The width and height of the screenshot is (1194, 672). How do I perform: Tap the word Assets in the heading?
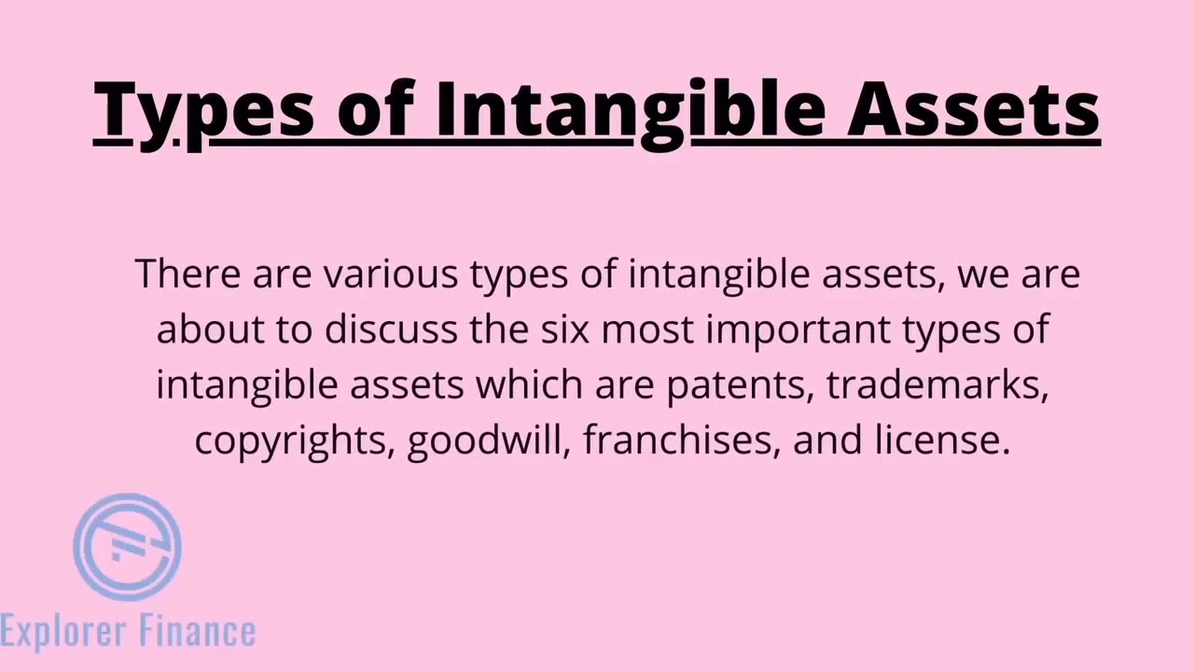tap(973, 110)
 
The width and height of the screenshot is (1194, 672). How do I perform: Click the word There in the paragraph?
tap(187, 274)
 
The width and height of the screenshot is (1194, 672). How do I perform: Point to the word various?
tap(391, 274)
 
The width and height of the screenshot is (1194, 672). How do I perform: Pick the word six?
tap(564, 329)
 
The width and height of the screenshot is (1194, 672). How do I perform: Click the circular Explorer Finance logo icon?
tap(128, 547)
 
